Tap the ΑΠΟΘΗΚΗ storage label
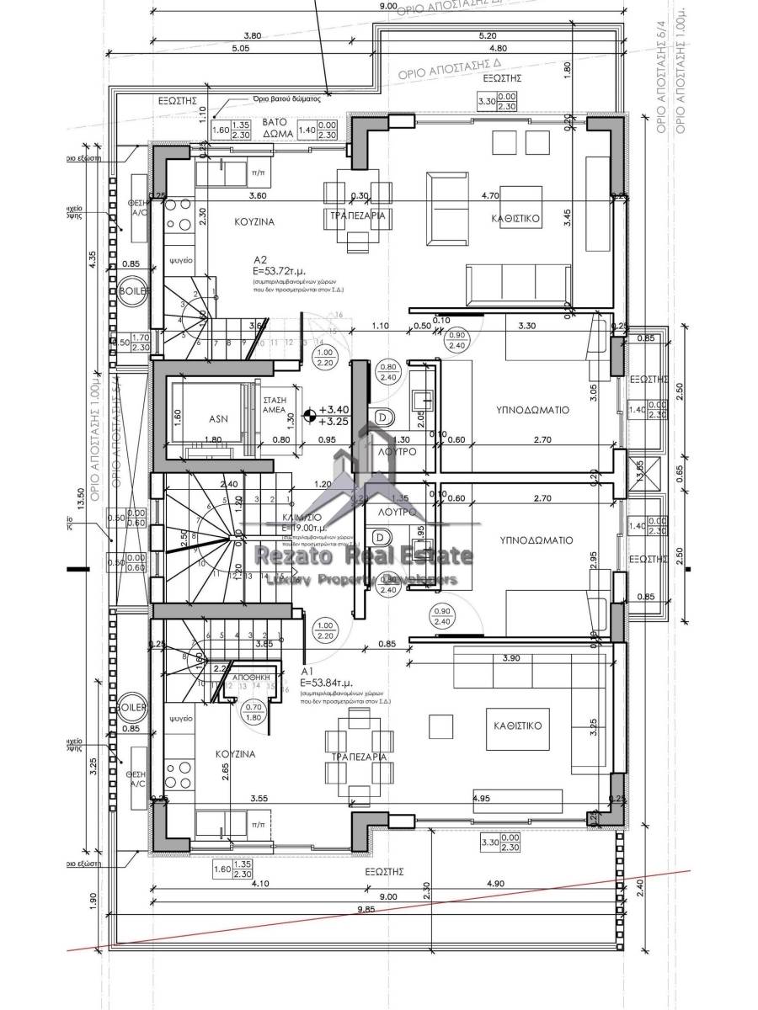[x=249, y=675]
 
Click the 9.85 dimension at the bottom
[x=388, y=910]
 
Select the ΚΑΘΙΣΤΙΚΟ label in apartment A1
[x=517, y=723]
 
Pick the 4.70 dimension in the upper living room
[x=514, y=195]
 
